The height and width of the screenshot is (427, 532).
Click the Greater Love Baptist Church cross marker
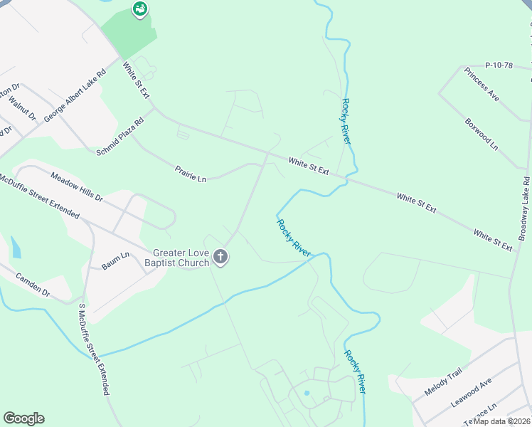tap(220, 257)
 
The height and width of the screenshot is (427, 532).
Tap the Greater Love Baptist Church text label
tap(181, 258)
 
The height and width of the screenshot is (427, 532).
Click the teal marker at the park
tap(140, 9)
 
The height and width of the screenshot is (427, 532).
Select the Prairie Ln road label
tap(191, 174)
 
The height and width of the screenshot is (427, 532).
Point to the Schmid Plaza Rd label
tap(120, 135)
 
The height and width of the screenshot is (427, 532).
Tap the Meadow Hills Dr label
tap(77, 186)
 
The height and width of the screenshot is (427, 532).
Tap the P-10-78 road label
tap(499, 65)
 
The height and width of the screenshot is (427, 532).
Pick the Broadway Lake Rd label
tap(523, 209)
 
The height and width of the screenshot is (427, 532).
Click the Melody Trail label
tap(443, 382)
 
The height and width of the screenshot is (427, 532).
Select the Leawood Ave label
tap(471, 394)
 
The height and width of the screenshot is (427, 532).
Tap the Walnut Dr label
tap(23, 111)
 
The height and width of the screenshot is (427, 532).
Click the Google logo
tap(23, 418)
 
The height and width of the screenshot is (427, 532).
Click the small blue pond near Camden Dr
tap(16, 247)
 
